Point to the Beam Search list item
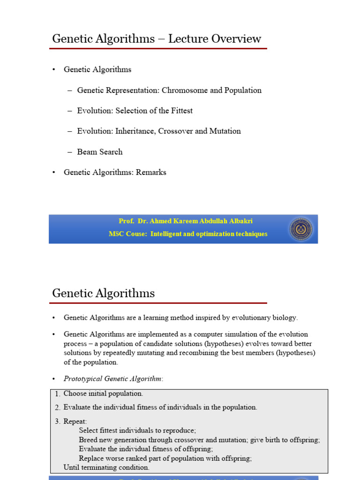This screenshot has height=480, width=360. click(100, 152)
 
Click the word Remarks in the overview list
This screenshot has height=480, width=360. click(151, 172)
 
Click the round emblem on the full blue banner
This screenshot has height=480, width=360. click(300, 229)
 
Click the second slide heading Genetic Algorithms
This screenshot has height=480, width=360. click(104, 294)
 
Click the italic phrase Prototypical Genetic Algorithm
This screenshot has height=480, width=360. click(113, 379)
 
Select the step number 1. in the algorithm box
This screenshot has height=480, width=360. click(58, 394)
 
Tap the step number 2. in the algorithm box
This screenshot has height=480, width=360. click(58, 408)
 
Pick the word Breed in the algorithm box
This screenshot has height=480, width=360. click(88, 440)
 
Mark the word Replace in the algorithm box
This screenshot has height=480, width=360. click(92, 458)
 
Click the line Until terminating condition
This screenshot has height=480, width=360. click(106, 467)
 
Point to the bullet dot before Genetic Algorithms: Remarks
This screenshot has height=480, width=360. click(54, 172)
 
